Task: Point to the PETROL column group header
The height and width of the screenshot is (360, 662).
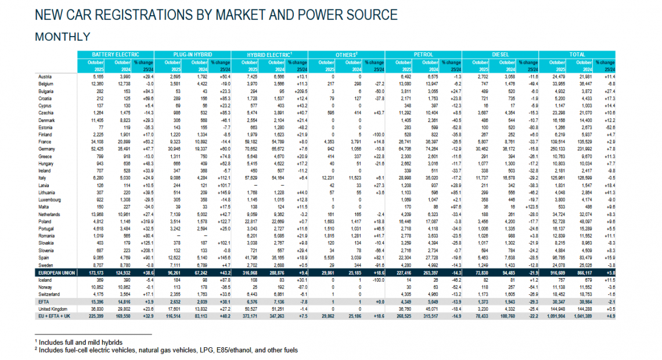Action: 423,54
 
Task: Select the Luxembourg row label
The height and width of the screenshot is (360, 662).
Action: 51,199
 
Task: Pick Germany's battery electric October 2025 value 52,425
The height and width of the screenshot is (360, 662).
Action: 96,149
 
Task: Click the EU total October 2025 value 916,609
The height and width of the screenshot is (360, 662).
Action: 560,271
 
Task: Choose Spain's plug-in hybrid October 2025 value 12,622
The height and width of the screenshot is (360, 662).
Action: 174,257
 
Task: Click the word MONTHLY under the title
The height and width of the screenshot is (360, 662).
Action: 63,37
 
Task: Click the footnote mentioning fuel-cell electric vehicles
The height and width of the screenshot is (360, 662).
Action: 168,350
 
